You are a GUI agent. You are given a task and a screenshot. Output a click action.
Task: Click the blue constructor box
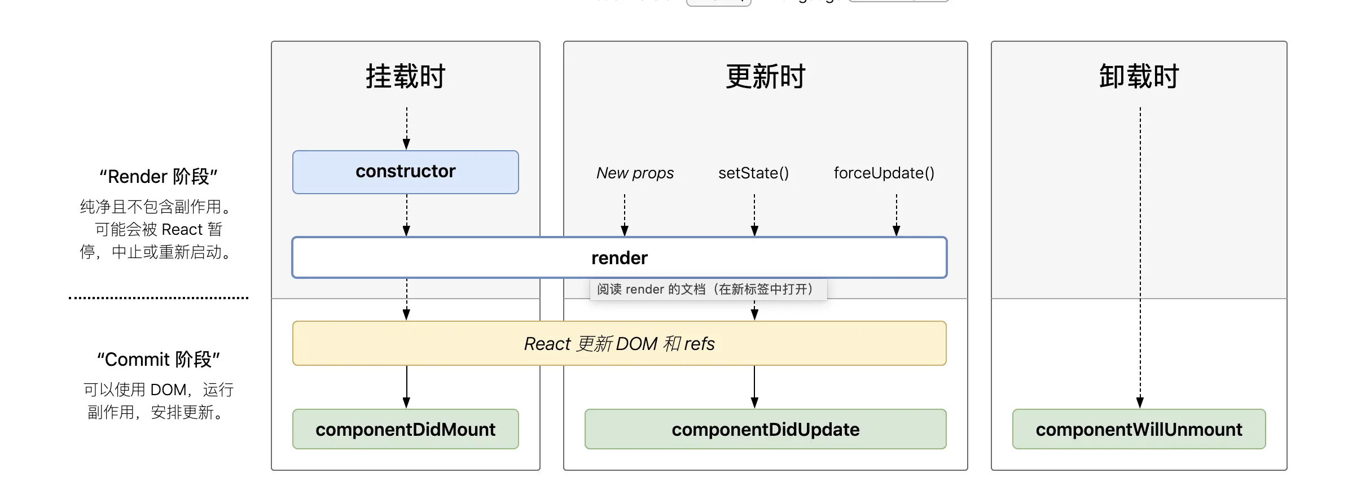click(405, 172)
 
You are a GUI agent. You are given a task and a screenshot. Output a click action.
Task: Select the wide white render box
click(619, 258)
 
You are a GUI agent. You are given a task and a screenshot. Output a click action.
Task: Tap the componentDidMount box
click(405, 430)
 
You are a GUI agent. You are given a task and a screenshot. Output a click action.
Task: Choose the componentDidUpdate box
click(765, 430)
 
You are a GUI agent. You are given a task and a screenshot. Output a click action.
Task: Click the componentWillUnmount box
click(1139, 430)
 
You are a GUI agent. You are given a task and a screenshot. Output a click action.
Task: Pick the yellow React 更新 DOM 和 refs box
click(619, 344)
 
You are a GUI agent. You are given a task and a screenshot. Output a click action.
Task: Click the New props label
click(635, 173)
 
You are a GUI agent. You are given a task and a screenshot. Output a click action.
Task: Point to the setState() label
click(753, 173)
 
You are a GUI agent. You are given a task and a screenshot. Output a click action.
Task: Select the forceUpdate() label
click(884, 173)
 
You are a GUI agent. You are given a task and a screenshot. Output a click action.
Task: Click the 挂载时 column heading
click(405, 77)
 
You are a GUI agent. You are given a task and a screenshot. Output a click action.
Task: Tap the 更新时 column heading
click(765, 77)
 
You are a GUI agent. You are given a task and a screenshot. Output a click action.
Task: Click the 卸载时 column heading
click(1139, 77)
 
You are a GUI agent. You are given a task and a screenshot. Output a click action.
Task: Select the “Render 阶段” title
click(159, 177)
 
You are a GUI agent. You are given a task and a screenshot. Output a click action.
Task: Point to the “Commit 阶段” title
click(159, 360)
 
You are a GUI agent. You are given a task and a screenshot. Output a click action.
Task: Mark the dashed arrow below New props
click(625, 215)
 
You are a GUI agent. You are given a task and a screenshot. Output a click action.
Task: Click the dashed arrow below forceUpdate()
click(896, 215)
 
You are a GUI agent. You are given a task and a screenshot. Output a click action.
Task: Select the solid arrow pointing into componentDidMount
click(406, 387)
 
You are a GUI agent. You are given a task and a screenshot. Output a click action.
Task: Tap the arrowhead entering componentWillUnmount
click(1140, 402)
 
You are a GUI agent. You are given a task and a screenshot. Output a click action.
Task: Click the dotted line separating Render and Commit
click(159, 297)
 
